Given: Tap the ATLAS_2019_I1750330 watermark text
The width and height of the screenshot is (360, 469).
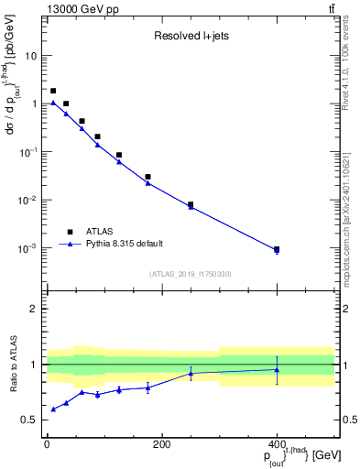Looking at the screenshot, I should click(190, 273).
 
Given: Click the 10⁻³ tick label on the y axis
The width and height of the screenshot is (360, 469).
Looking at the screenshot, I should click(31, 249).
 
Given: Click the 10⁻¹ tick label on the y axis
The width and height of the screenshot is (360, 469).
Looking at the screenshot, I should click(31, 152).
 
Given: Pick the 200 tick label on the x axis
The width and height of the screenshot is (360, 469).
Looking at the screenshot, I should click(161, 444).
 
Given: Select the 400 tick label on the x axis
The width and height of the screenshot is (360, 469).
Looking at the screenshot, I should click(277, 444).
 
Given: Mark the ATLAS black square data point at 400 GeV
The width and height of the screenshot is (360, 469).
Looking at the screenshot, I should click(277, 249).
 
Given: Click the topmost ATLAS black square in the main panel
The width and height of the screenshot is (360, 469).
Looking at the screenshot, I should click(53, 91).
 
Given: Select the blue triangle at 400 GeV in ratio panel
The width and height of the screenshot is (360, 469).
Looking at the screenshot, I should click(277, 370).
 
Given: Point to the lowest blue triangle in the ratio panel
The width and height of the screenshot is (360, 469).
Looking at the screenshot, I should click(53, 409).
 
